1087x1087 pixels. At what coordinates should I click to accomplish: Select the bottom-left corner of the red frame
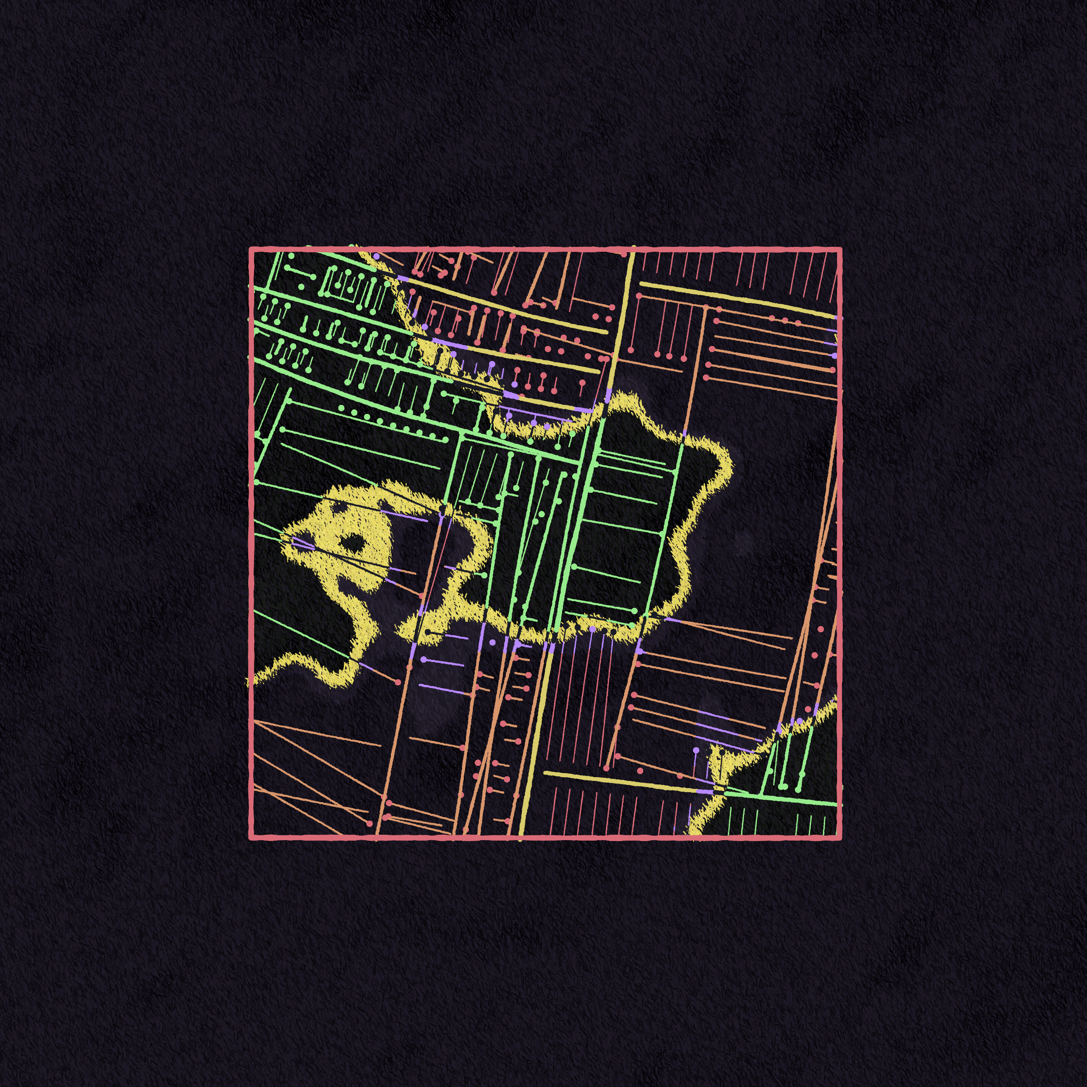[x=251, y=838]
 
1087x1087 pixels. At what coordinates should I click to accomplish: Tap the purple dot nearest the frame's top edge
[x=376, y=256]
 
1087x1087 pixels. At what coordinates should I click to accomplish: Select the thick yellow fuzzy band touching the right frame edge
[x=833, y=703]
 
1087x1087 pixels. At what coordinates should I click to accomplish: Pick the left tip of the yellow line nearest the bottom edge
[x=544, y=773]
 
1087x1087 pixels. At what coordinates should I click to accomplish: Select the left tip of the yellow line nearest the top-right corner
[x=641, y=284]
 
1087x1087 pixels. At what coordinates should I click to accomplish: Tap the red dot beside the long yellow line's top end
[x=623, y=254]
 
